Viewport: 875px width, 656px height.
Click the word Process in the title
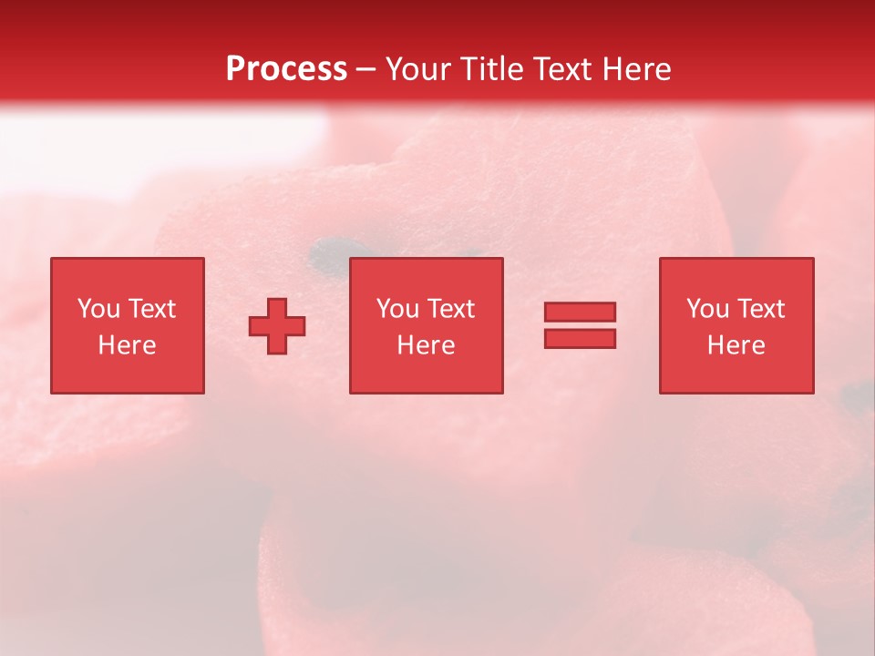point(286,69)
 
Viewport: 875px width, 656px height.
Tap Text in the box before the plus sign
point(150,309)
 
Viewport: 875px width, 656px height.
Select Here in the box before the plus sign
point(127,345)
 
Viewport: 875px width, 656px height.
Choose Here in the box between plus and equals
point(426,345)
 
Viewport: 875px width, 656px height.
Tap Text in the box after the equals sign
point(759,309)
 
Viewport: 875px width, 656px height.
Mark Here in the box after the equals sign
point(736,345)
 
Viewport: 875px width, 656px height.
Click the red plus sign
point(277,325)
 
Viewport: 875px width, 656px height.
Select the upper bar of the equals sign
point(580,312)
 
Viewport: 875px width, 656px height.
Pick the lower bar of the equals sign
point(580,338)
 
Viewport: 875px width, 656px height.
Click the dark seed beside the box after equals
point(855,394)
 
